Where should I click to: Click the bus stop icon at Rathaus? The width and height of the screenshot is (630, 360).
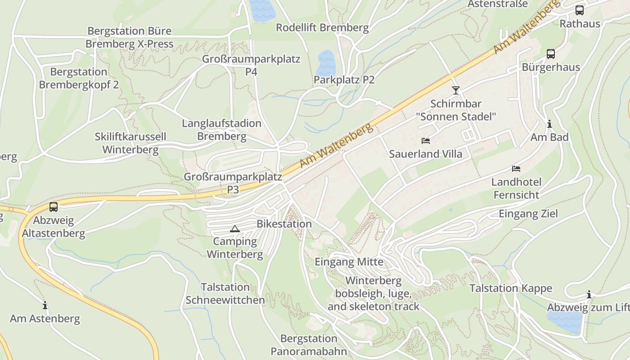[x=580, y=10]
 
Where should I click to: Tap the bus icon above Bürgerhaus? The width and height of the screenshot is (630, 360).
[x=550, y=54]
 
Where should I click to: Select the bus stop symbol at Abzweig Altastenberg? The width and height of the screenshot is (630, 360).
[x=54, y=207]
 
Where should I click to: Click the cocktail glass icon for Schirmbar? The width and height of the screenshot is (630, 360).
[x=456, y=90]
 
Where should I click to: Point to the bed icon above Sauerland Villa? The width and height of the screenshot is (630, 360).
[x=425, y=141]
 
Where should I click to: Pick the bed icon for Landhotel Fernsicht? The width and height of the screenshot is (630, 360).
[x=516, y=169]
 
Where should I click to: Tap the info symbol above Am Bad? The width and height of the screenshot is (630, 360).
[x=549, y=124]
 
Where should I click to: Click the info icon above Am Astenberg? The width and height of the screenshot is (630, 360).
[x=45, y=305]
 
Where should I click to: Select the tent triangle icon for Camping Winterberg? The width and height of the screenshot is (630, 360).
[x=234, y=229]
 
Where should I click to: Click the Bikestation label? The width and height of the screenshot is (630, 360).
[x=284, y=224]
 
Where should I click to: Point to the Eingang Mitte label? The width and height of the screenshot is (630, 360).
[x=349, y=261]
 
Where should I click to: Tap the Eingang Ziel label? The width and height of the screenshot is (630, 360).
[x=528, y=213]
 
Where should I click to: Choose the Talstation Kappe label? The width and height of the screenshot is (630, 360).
[x=511, y=288]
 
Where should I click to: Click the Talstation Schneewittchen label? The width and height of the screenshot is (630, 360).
[x=225, y=293]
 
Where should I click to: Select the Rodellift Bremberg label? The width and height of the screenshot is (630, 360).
[x=322, y=27]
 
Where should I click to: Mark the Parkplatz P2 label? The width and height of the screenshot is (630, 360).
[x=344, y=80]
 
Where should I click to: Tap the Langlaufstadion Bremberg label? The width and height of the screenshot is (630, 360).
[x=221, y=130]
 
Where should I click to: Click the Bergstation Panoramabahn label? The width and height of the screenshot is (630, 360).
[x=309, y=345]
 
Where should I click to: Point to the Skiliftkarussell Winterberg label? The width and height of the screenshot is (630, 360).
[x=130, y=143]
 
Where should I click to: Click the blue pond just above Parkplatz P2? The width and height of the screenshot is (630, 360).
[x=326, y=62]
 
